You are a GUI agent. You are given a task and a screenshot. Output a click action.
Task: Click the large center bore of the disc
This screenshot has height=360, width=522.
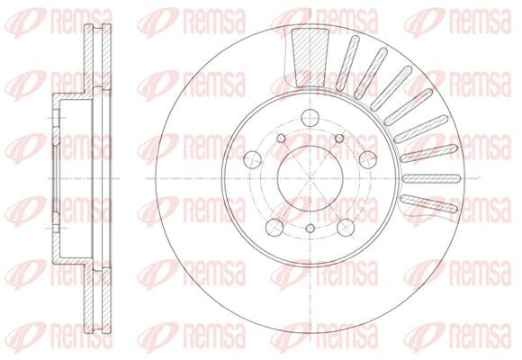pyautogui.click(x=310, y=178)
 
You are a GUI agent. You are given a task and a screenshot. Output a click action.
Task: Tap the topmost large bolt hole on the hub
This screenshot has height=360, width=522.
pyautogui.click(x=310, y=118)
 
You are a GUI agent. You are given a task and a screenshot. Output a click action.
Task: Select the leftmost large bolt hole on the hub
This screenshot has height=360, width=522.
pyautogui.click(x=252, y=159)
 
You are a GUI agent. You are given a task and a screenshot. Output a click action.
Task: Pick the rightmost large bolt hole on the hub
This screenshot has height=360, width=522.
pyautogui.click(x=368, y=159)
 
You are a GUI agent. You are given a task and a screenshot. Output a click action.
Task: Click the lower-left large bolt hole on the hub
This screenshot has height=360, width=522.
pyautogui.click(x=274, y=228)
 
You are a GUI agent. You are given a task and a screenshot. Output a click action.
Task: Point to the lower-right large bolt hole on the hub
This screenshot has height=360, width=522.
pyautogui.click(x=346, y=228)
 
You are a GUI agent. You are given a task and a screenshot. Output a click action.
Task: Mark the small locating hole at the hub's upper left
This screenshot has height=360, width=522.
pyautogui.click(x=282, y=138)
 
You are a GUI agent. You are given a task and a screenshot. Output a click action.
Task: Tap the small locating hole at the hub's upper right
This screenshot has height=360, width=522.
pyautogui.click(x=339, y=138)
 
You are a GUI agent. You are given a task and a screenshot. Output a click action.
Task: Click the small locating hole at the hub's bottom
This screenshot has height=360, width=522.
pyautogui.click(x=310, y=228)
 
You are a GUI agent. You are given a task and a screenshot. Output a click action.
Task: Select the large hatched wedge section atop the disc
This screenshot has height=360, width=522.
pyautogui.click(x=310, y=58)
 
